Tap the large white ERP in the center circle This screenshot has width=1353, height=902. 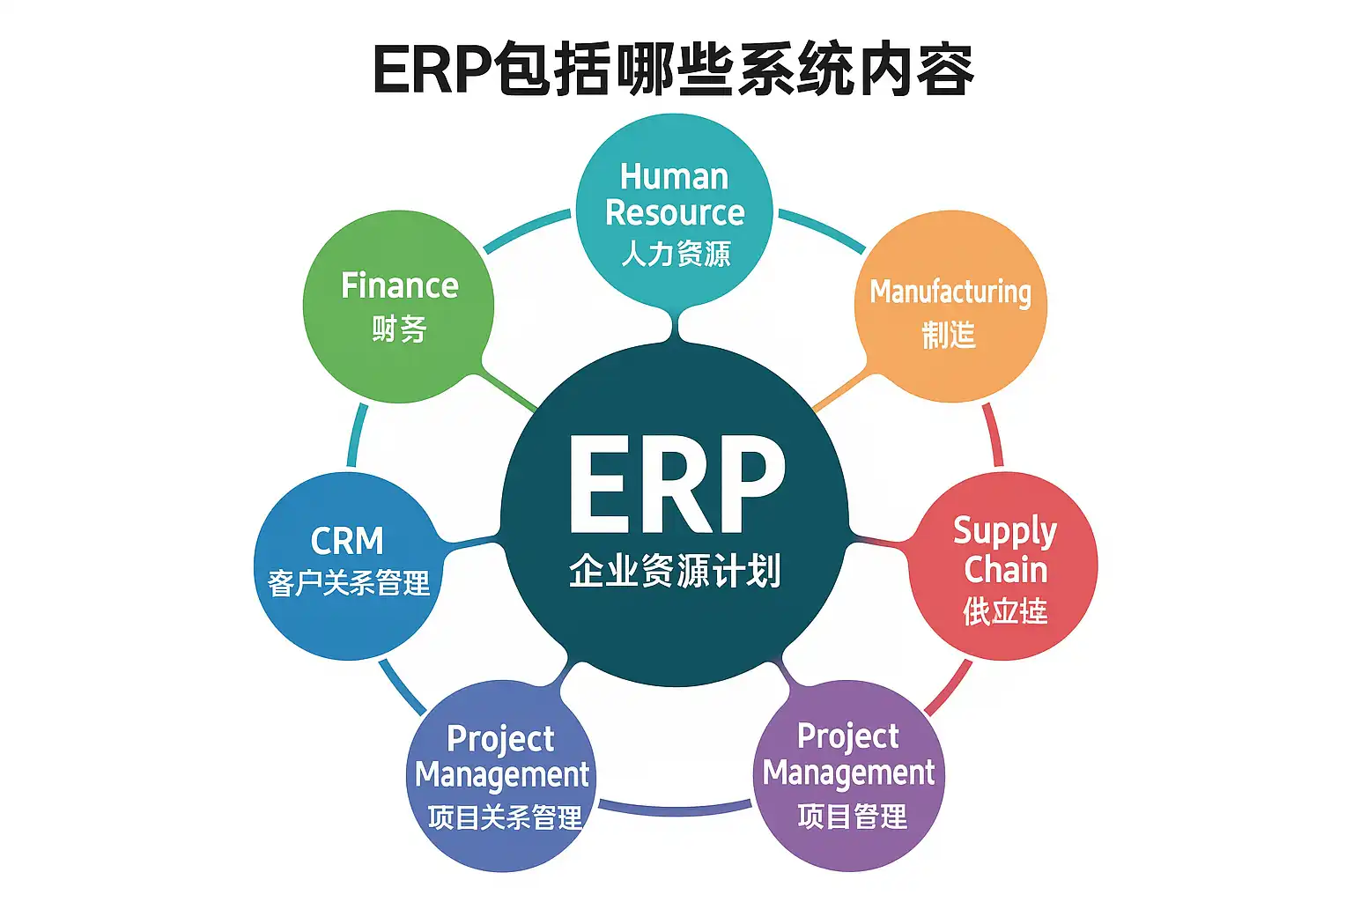click(x=676, y=484)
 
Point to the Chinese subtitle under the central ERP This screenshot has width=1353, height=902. click(x=675, y=571)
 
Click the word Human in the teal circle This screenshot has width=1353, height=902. click(x=674, y=177)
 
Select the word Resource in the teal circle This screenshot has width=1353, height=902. click(x=675, y=213)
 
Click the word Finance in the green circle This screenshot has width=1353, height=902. click(x=399, y=286)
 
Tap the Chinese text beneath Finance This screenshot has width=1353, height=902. click(x=399, y=329)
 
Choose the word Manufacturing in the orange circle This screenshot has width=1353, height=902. click(x=950, y=292)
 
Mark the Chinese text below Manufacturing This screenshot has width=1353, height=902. click(x=949, y=335)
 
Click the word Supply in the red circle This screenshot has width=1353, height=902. click(x=1004, y=531)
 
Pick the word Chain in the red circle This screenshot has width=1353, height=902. click(x=1005, y=570)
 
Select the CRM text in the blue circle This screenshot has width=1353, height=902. click(x=347, y=541)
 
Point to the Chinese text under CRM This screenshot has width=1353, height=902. click(x=349, y=583)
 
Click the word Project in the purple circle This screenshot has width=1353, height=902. click(x=847, y=736)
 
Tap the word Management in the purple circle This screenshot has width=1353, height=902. click(x=848, y=773)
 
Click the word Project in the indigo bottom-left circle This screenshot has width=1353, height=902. click(x=500, y=740)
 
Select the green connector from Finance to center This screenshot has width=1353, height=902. click(x=509, y=391)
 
